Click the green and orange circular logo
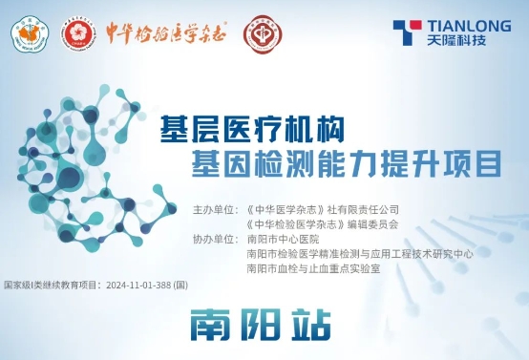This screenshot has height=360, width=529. pyautogui.click(x=29, y=36)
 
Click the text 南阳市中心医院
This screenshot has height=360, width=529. pyautogui.click(x=279, y=239)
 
